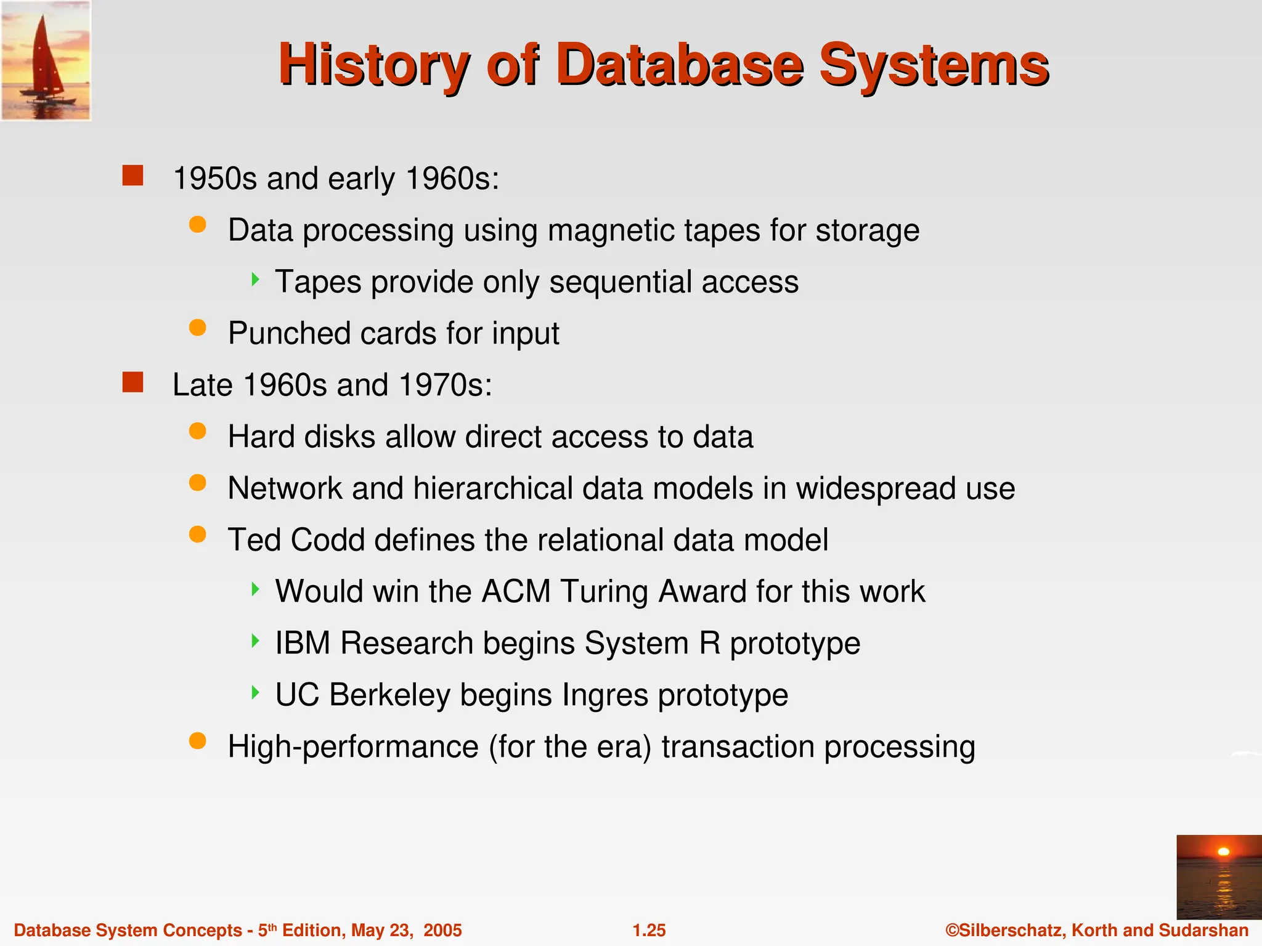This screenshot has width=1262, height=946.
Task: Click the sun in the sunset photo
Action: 1223,852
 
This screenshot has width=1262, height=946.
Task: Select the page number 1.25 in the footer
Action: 649,930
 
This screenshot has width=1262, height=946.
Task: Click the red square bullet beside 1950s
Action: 132,176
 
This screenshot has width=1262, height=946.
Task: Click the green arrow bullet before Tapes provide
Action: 255,280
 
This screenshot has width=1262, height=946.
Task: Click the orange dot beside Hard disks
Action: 197,431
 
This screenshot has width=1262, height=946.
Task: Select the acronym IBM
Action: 302,643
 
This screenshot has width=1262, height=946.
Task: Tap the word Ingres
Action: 605,695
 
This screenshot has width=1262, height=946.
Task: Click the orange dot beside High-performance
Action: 197,741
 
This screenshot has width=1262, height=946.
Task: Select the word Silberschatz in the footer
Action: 1010,930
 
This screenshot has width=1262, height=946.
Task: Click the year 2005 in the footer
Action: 442,930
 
